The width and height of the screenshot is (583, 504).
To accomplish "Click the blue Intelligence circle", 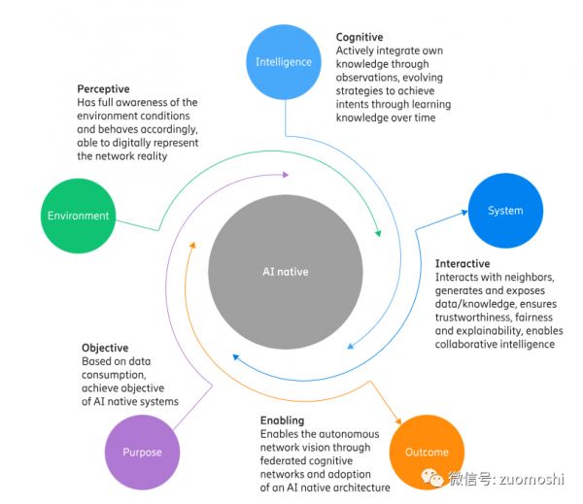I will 284,62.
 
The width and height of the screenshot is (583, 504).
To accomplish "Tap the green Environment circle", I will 79,216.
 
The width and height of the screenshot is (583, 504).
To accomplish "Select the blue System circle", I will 505,210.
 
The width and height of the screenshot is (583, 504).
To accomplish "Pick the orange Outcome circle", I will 427,453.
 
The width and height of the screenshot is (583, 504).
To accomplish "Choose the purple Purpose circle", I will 142,453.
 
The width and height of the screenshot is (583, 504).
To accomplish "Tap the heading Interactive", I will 463,264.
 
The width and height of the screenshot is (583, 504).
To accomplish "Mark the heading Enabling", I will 283,420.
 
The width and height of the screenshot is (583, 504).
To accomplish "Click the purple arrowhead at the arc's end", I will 285,175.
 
